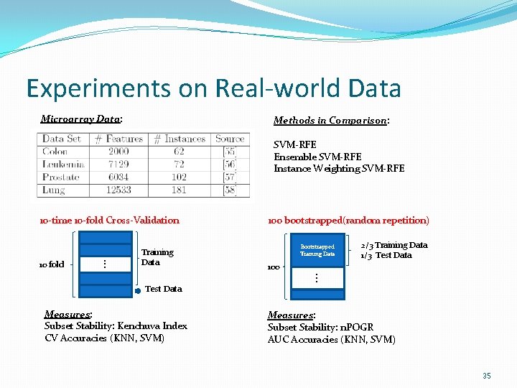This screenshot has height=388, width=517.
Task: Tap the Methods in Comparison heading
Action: [x=331, y=121]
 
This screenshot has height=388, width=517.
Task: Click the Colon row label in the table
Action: [x=55, y=152]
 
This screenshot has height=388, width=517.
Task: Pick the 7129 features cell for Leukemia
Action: [x=118, y=164]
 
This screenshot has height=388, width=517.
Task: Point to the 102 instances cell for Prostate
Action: [x=179, y=177]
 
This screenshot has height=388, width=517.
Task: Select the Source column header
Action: [x=230, y=139]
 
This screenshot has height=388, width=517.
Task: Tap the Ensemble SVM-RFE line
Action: [x=317, y=157]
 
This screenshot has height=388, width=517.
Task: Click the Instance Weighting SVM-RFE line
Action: [x=339, y=169]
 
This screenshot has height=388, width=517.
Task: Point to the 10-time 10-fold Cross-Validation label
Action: [x=109, y=221]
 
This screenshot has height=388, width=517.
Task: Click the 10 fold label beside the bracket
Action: [x=51, y=264]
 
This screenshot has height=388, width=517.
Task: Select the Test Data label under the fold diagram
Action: [x=164, y=289]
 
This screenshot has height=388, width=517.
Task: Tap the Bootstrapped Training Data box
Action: [x=317, y=250]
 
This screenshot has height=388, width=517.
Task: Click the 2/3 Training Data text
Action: [x=393, y=245]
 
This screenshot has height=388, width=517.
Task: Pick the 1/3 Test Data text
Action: [x=386, y=255]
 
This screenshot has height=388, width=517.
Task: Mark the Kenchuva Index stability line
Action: [x=116, y=326]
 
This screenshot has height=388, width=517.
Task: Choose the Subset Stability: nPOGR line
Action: [x=320, y=328]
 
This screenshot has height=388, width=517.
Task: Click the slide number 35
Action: [x=487, y=376]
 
